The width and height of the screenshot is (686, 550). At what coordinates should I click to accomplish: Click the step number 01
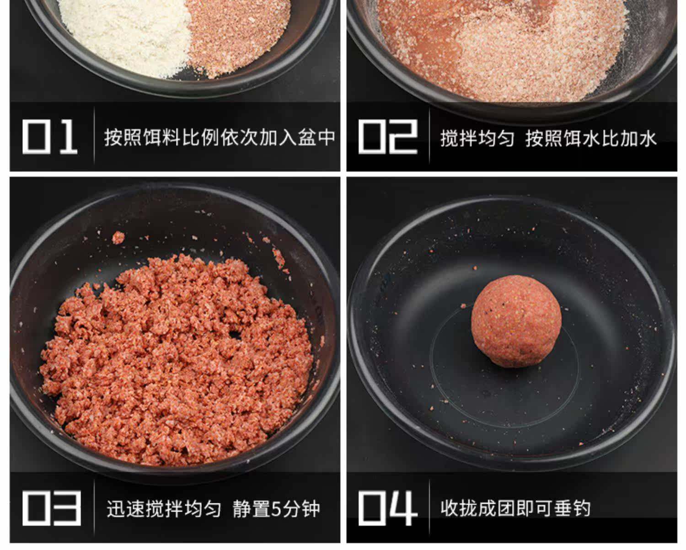tap(49, 136)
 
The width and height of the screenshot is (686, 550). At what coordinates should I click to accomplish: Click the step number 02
tap(387, 136)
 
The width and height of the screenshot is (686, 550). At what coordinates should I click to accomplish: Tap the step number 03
tap(51, 508)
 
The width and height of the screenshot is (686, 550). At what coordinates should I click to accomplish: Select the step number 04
tap(387, 508)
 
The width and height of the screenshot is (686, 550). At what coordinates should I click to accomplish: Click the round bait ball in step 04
tap(516, 320)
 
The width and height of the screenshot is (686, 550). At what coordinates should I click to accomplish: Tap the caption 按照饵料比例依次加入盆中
tap(220, 137)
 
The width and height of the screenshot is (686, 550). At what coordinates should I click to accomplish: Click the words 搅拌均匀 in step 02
tap(477, 138)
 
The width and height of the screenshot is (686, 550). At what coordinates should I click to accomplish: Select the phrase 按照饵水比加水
tap(591, 138)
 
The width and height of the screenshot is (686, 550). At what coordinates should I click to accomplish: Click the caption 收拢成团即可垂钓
tap(515, 508)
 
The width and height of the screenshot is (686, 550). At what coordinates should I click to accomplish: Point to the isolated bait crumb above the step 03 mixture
tap(118, 237)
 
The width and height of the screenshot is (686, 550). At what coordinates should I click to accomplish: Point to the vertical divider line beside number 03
tap(94, 508)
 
